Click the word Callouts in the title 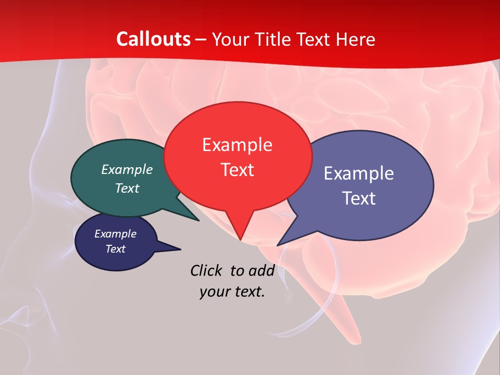[x=153, y=39]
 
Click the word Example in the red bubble [x=238, y=144]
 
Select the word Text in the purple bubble [x=359, y=198]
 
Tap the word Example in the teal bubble [x=127, y=169]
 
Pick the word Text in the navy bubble [x=116, y=249]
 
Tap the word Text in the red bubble [x=238, y=170]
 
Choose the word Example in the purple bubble [x=359, y=173]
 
